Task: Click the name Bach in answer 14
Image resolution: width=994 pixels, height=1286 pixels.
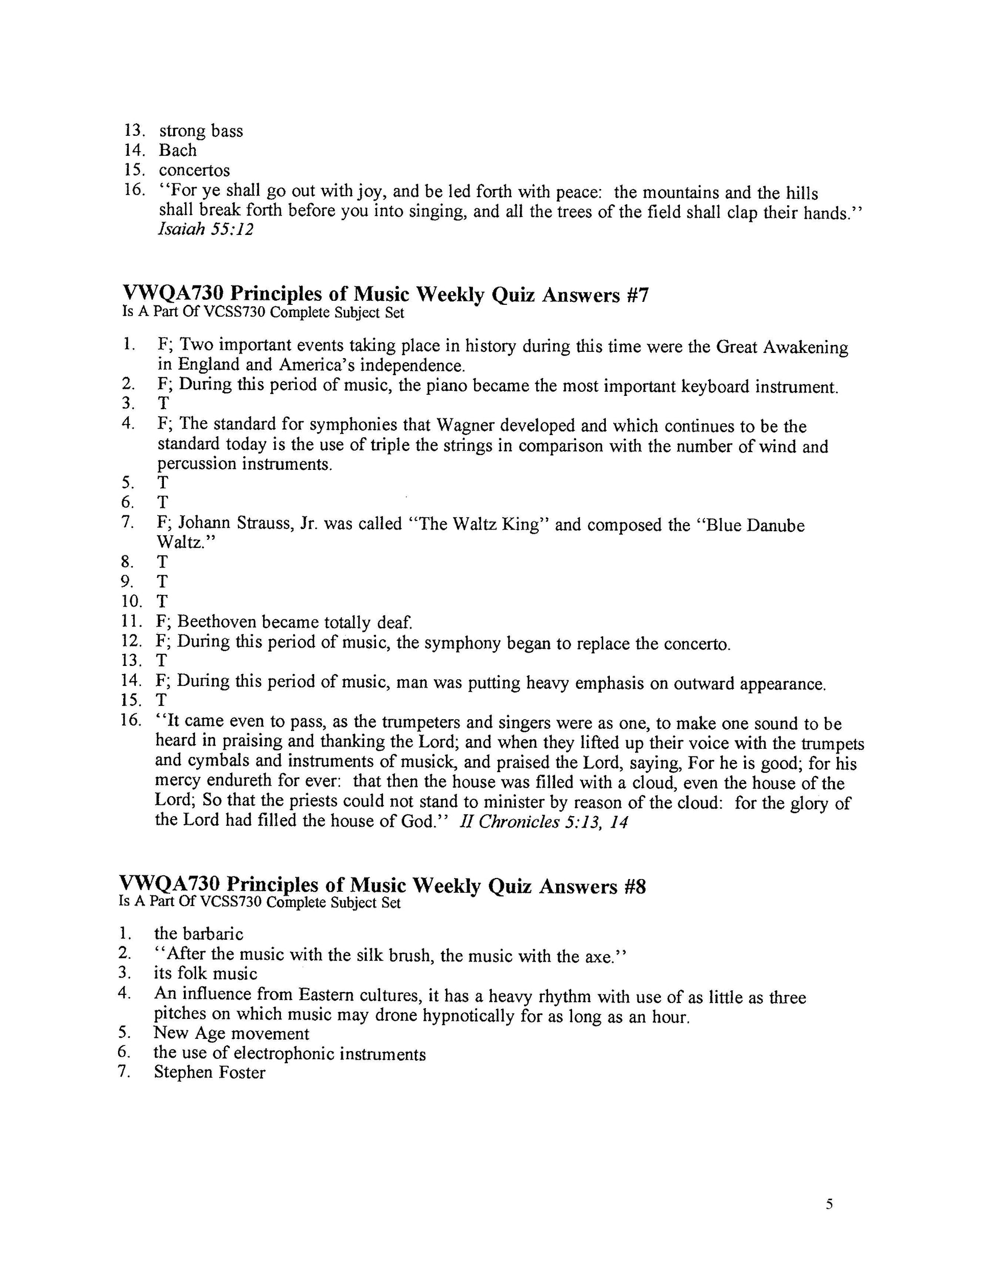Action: (x=177, y=150)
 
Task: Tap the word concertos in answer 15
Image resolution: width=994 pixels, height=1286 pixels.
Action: (x=194, y=170)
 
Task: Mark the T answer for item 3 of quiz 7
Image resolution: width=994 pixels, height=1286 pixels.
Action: (x=163, y=403)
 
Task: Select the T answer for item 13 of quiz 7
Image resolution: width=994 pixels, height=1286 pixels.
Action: (x=162, y=660)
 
